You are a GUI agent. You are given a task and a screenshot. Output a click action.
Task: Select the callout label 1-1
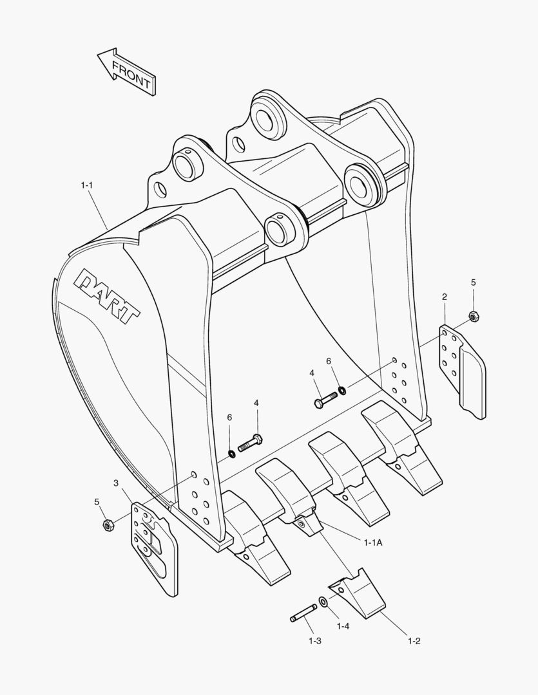(x=87, y=185)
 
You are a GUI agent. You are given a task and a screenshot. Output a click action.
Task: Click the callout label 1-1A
(x=372, y=542)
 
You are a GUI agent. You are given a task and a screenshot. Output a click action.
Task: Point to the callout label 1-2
(x=414, y=640)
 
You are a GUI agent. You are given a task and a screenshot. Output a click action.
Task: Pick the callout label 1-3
(x=315, y=640)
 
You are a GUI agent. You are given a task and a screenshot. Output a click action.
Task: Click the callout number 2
(x=445, y=297)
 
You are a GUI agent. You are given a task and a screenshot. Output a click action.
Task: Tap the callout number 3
(x=116, y=483)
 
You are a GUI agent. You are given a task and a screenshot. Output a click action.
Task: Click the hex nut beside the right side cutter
(x=473, y=317)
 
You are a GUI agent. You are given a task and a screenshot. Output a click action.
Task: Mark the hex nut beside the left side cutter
(x=108, y=525)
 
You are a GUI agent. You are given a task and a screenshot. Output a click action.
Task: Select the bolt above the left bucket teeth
(x=251, y=443)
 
